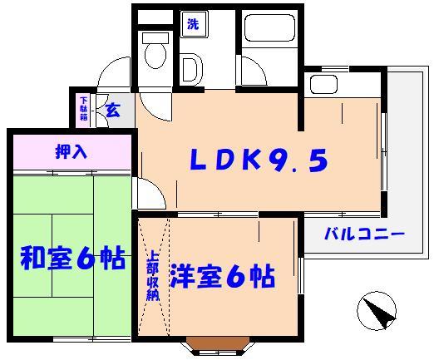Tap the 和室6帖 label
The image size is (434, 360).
[72, 259]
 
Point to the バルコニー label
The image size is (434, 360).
[363, 235]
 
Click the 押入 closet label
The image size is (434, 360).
[71, 152]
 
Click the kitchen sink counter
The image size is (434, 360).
[319, 83]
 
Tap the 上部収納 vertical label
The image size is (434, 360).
[153, 276]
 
